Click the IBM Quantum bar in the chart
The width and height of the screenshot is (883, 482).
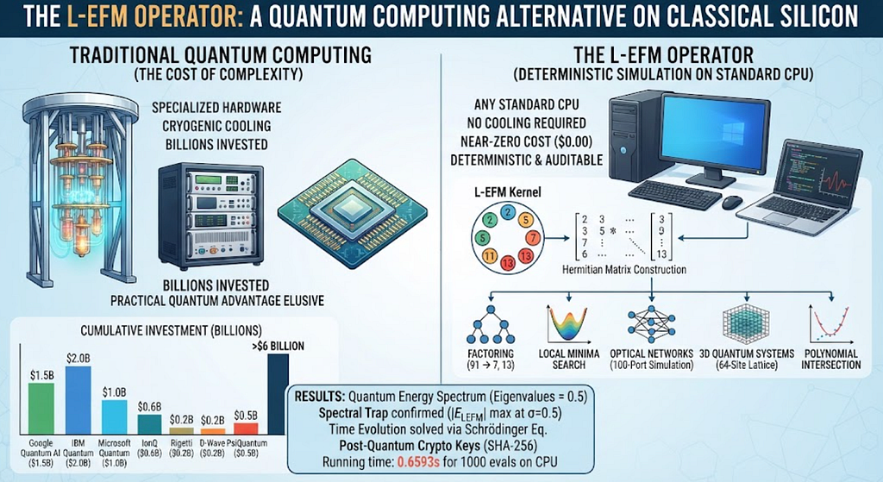point(78,400)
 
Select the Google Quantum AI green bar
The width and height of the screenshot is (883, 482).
point(41,409)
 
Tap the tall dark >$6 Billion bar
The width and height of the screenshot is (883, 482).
point(279,394)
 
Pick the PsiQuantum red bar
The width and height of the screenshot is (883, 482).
point(246,429)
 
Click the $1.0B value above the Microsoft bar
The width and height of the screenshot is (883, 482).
point(115,392)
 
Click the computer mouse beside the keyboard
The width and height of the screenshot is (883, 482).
point(732,202)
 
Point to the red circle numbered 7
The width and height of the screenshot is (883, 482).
point(532,237)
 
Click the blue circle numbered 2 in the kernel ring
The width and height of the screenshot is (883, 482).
point(508,212)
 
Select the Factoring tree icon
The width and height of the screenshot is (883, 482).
point(491,325)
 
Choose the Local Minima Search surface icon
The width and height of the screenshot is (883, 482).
point(568,322)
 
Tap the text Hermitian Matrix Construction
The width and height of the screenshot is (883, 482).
point(624,270)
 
